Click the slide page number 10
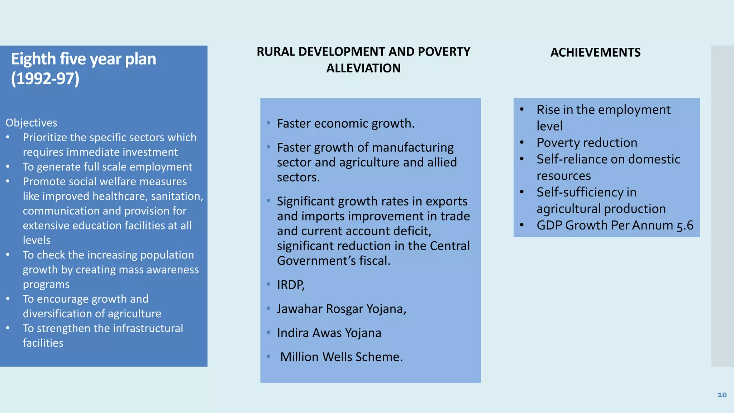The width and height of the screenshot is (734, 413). pos(722,395)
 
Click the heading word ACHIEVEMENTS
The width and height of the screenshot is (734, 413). pos(595,52)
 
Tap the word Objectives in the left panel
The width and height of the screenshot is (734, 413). pos(31,123)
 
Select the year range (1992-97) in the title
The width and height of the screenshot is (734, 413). pos(45,79)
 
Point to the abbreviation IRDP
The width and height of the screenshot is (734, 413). pos(290,285)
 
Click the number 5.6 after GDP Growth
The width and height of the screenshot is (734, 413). pos(685,226)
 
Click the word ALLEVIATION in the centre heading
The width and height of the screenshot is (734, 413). pos(363,68)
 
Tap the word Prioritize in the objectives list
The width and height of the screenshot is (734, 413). pos(45,137)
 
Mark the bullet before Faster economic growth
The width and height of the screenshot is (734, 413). pos(268,123)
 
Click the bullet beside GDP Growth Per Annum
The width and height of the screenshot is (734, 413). pos(522,226)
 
